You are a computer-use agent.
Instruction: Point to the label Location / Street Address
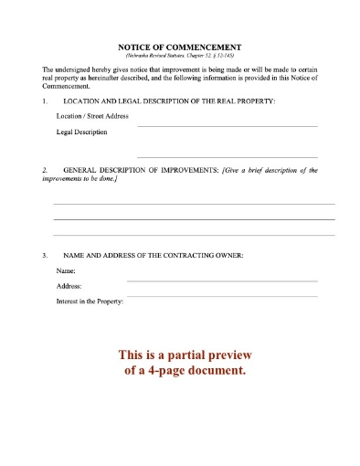[x=92, y=117]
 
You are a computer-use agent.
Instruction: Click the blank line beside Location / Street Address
[x=227, y=124]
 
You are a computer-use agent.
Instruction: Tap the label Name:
[x=65, y=271]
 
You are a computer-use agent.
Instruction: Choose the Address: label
[x=69, y=286]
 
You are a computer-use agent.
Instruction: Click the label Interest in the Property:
[x=90, y=301]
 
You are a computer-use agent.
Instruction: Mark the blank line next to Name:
[x=222, y=280]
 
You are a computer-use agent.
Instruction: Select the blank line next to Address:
[x=222, y=295]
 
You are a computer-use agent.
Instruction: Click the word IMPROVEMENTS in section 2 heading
[x=185, y=171]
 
